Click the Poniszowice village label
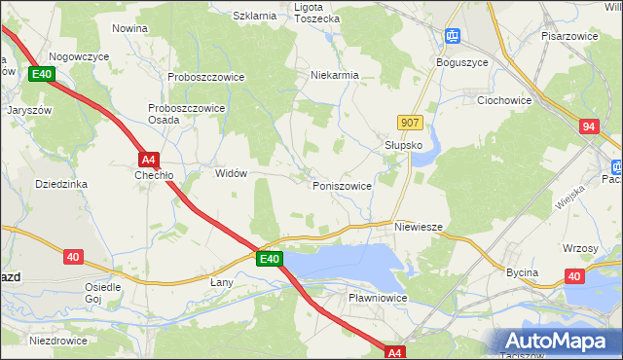pyautogui.click(x=341, y=185)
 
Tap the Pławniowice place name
pyautogui.click(x=377, y=298)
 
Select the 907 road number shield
pyautogui.click(x=410, y=122)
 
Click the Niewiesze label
pyautogui.click(x=420, y=227)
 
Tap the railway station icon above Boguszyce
pyautogui.click(x=453, y=37)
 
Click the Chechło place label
pyautogui.click(x=154, y=176)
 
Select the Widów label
pyautogui.click(x=231, y=173)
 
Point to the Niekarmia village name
pyautogui.click(x=335, y=75)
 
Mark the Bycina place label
pyautogui.click(x=522, y=272)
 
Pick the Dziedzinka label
pyautogui.click(x=61, y=183)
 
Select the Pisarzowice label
pyautogui.click(x=569, y=35)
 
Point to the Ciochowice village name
pyautogui.click(x=503, y=99)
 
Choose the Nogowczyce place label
pyautogui.click(x=79, y=57)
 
